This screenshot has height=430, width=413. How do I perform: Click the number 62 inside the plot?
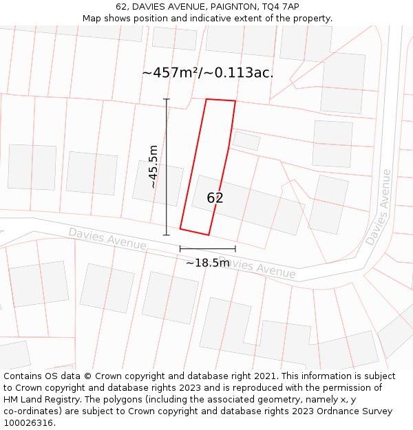[215, 198]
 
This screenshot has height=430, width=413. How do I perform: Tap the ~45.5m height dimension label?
[153, 166]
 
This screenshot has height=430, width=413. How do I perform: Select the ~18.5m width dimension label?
[207, 263]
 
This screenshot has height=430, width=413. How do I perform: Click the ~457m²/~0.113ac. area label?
[207, 73]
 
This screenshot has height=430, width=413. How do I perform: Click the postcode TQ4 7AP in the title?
[282, 7]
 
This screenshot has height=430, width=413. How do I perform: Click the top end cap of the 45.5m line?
[166, 100]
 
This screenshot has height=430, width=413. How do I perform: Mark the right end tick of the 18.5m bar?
[235, 248]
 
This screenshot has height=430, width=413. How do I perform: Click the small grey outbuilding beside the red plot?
[246, 140]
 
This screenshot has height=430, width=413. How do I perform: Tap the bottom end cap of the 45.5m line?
[166, 235]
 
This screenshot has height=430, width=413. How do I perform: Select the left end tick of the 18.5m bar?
[180, 248]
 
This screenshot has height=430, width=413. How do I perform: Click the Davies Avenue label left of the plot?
[107, 239]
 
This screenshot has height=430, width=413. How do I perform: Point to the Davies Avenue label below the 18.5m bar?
[258, 268]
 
